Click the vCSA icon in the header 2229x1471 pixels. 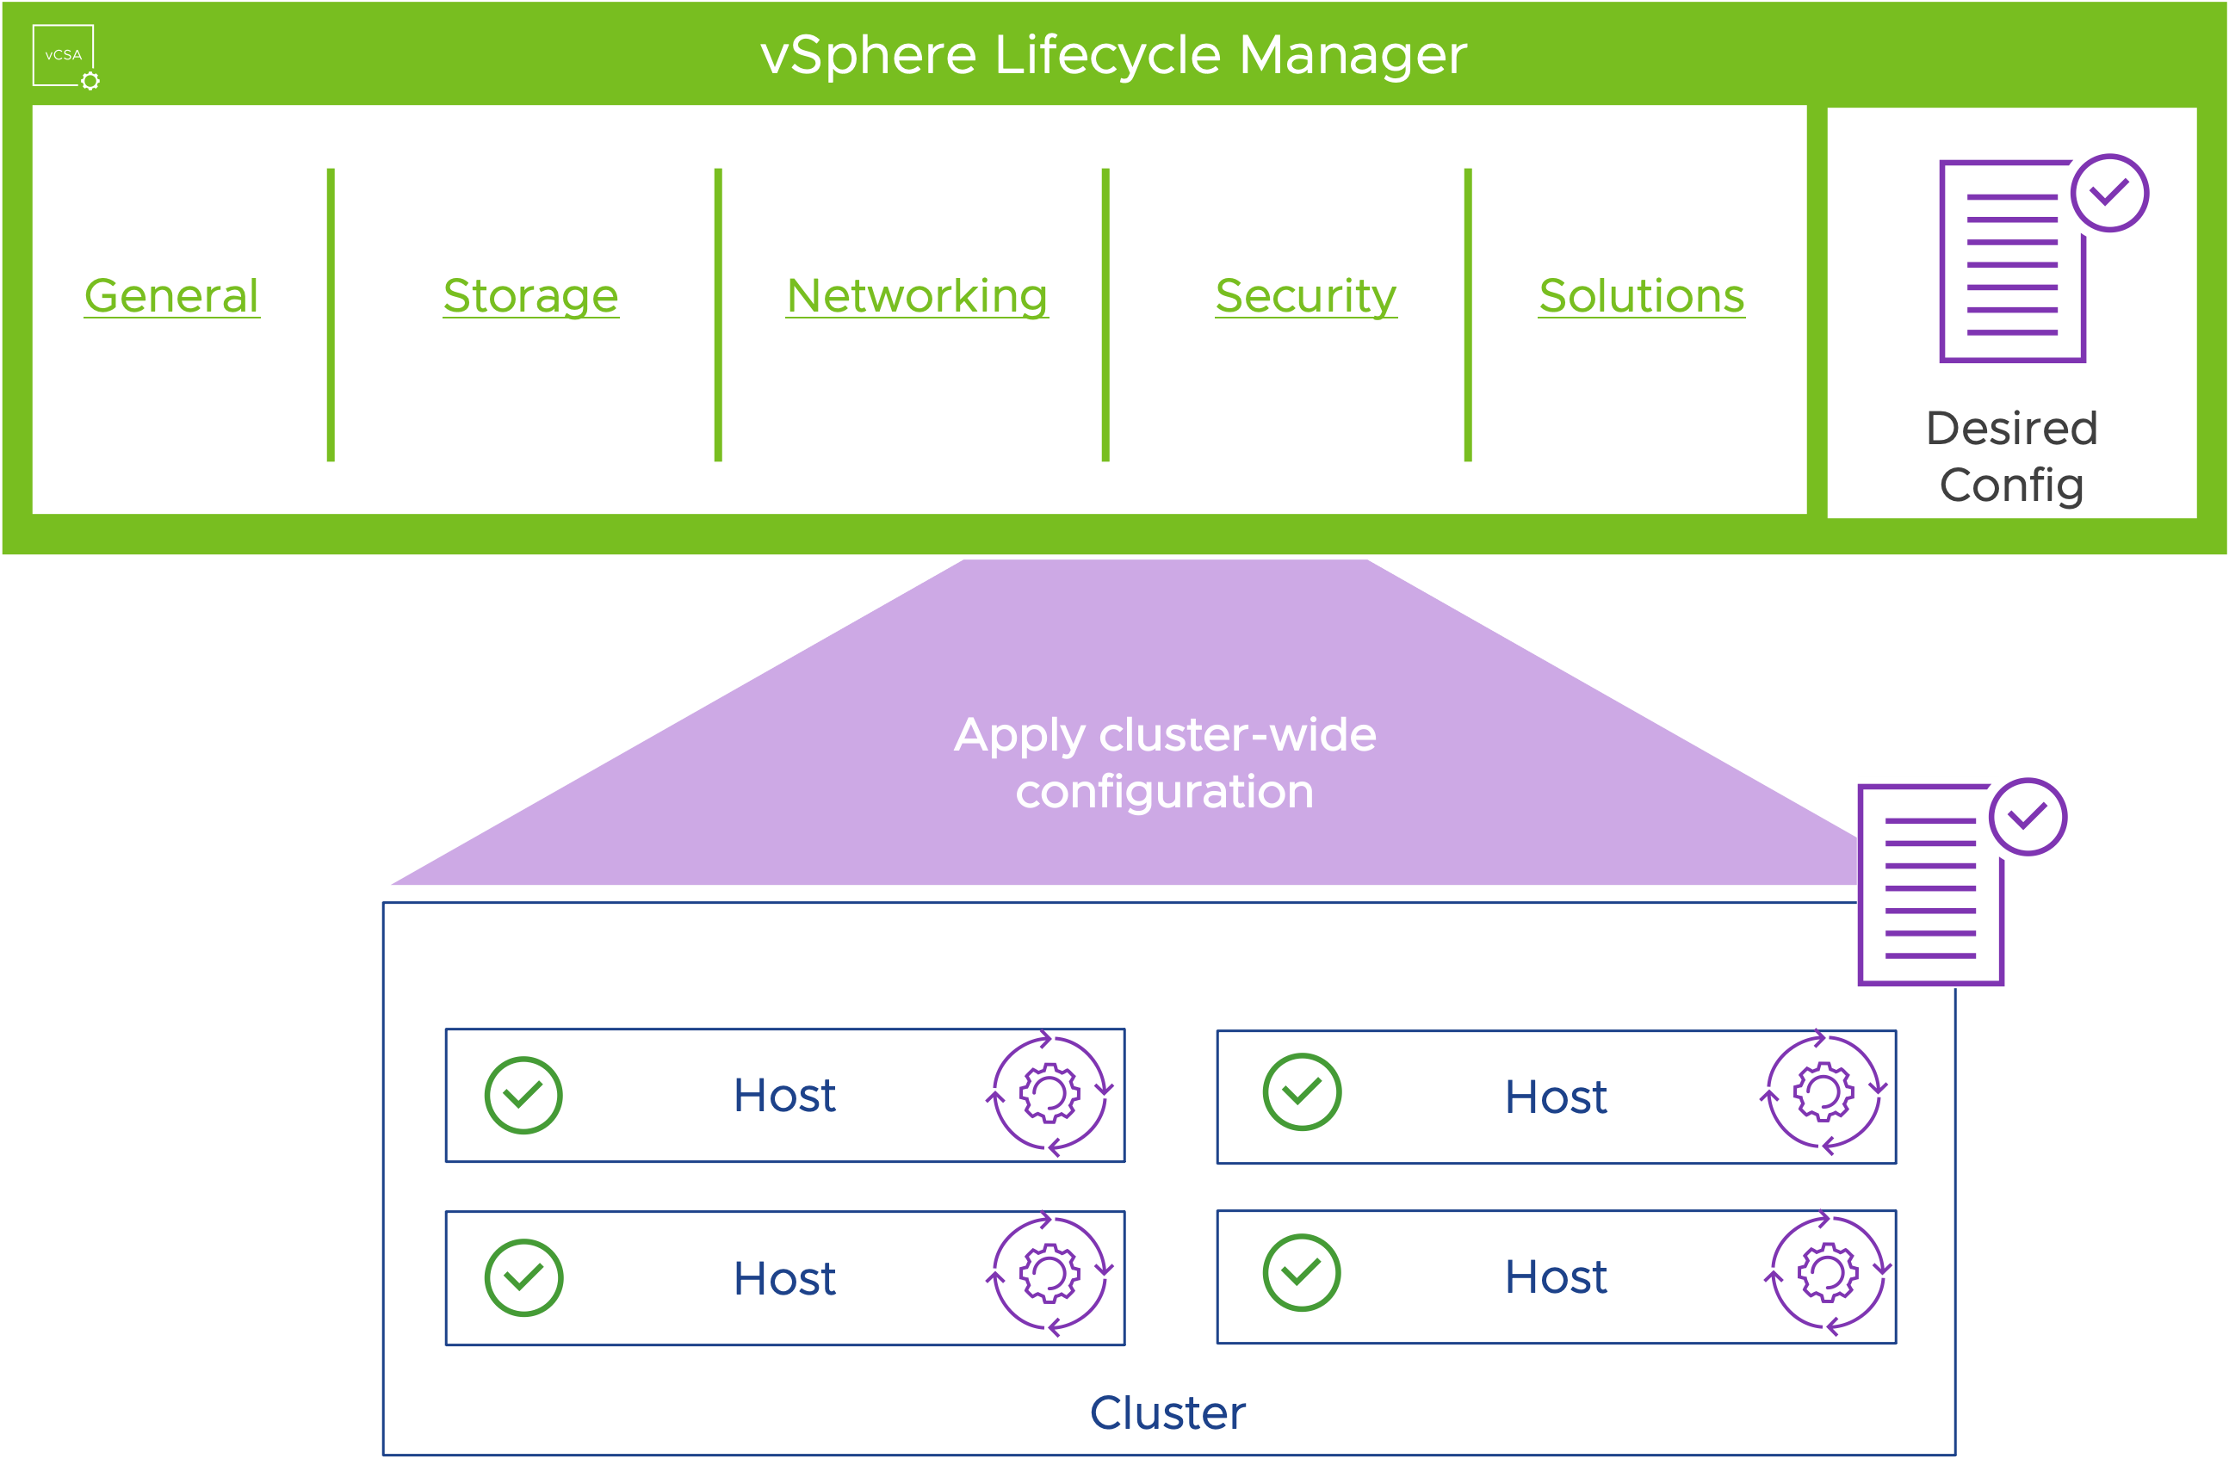(64, 55)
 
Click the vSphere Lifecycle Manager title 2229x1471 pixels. (1113, 54)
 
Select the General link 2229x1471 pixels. (171, 296)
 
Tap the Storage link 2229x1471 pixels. (531, 296)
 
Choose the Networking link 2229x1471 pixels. (917, 296)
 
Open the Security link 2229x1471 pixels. (1306, 296)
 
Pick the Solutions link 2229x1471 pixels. (1642, 296)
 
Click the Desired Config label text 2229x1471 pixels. (2011, 457)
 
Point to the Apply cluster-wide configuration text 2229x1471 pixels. (1164, 763)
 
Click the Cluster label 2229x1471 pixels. (1168, 1412)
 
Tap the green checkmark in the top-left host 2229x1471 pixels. (523, 1096)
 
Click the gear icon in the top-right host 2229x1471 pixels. (1823, 1092)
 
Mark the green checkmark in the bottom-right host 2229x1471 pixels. (1301, 1273)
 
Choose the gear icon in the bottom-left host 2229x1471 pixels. (1049, 1274)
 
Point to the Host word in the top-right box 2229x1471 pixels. (1556, 1097)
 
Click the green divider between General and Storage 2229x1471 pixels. (331, 314)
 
